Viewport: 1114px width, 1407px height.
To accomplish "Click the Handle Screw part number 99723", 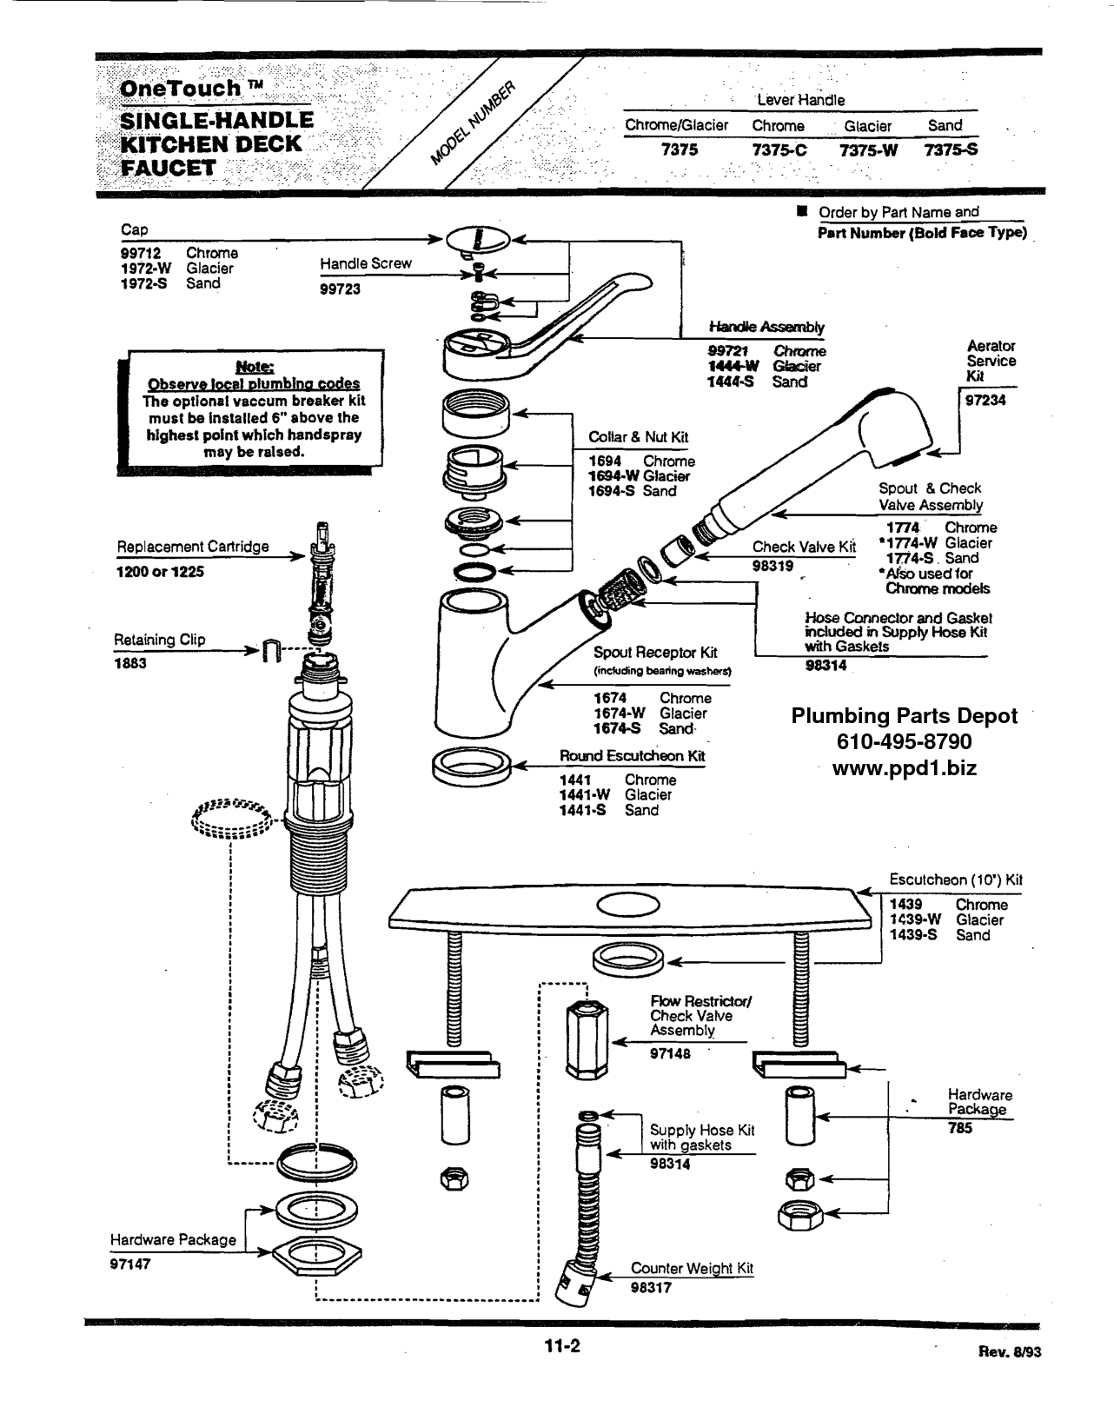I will [x=340, y=289].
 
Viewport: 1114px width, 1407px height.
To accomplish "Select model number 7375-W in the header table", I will [x=868, y=150].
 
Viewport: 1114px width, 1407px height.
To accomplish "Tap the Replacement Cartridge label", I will [x=193, y=547].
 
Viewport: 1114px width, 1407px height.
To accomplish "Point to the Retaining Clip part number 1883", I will [x=130, y=663].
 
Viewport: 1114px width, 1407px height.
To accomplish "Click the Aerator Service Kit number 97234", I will [x=985, y=400].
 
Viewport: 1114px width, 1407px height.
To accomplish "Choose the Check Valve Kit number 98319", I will [x=773, y=566].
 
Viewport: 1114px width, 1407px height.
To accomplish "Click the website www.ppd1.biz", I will [x=904, y=768].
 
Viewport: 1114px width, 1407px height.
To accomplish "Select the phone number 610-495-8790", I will [x=904, y=742].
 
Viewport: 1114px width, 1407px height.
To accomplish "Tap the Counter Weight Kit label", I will [x=692, y=1268].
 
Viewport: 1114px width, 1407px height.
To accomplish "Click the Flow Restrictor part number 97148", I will [x=670, y=1053].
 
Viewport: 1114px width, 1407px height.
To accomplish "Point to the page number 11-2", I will [x=562, y=1347].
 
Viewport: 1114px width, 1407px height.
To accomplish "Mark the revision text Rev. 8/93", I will [x=1009, y=1352].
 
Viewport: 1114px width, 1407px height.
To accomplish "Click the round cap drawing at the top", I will [x=479, y=239].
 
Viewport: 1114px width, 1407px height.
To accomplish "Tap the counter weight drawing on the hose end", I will [x=574, y=1284].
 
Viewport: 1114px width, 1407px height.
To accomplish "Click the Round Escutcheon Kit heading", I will [x=632, y=756].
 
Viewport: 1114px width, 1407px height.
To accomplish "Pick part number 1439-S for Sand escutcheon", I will [x=913, y=935].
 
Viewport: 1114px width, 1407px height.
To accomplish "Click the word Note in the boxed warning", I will [x=254, y=367].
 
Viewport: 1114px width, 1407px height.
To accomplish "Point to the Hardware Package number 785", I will [x=960, y=1128].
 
